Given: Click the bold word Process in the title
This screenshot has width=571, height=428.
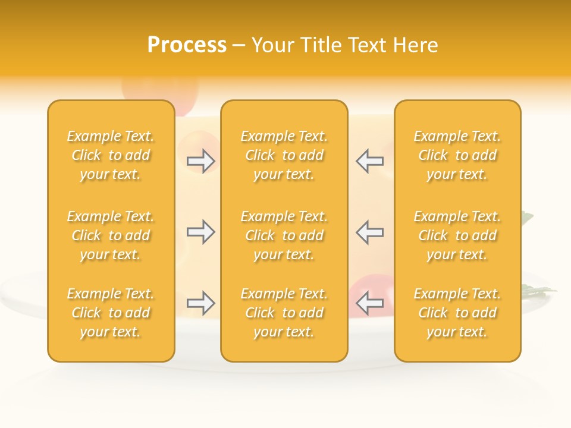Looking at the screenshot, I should click(187, 45).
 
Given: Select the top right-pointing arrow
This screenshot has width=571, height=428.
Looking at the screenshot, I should click(200, 161).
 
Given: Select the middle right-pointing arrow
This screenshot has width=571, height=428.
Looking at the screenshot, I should click(200, 232).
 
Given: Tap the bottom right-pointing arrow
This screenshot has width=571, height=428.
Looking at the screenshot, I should click(200, 304).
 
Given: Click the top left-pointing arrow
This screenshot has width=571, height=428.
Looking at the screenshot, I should click(369, 161).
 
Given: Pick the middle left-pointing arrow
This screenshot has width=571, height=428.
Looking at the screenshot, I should click(369, 232).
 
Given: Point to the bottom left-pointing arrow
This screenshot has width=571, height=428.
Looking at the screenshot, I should click(369, 304).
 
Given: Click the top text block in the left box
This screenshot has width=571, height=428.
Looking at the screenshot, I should click(111, 155).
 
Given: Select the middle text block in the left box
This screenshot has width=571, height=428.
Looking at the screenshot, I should click(111, 235).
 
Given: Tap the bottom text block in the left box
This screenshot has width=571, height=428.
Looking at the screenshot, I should click(111, 313).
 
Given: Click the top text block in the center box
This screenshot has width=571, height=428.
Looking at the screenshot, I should click(284, 155).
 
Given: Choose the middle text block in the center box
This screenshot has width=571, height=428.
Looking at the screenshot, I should click(284, 235).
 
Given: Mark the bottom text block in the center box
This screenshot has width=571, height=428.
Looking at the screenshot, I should click(284, 313).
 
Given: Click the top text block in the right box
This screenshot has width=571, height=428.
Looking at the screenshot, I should click(457, 155).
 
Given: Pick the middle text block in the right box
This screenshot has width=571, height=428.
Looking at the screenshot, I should click(457, 235).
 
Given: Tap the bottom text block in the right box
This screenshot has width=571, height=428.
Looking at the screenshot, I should click(457, 313).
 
